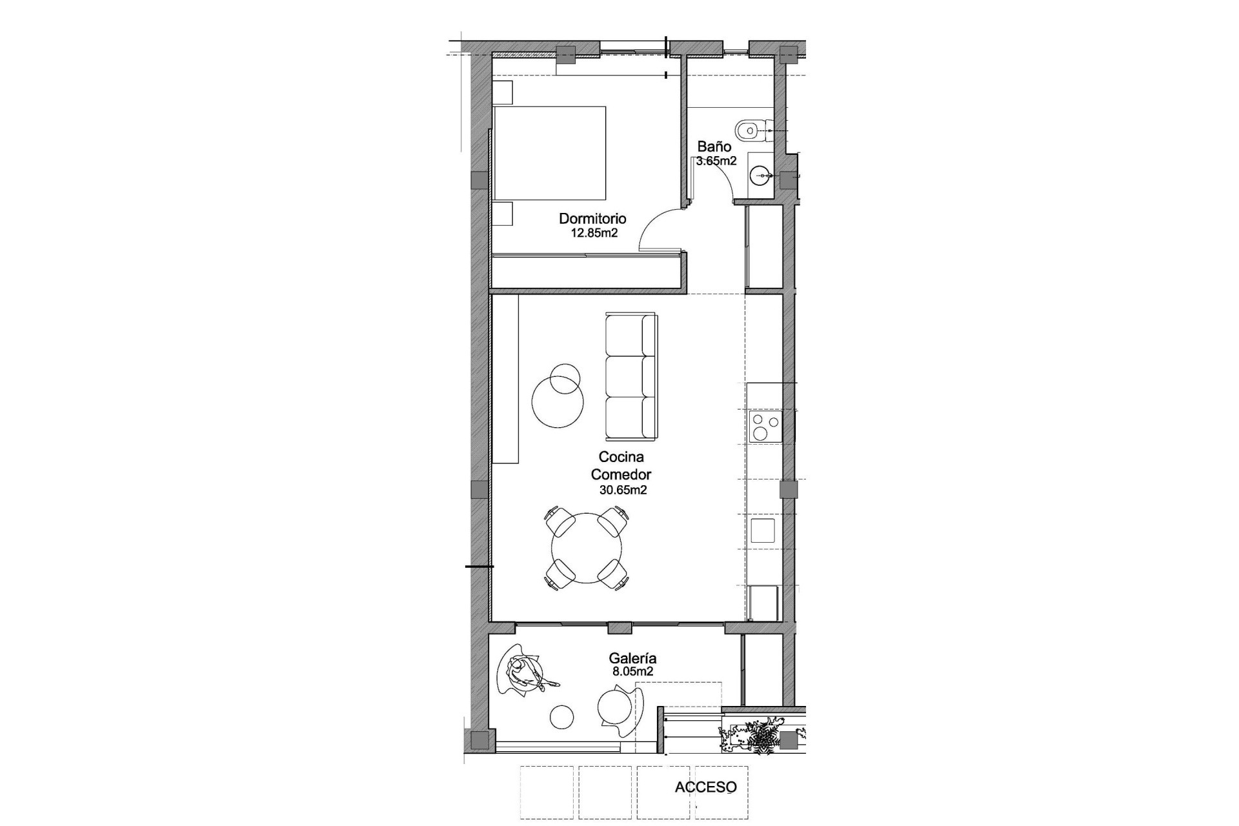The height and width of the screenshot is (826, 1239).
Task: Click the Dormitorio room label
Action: (592, 219)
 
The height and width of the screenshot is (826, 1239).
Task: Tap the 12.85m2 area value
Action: (594, 233)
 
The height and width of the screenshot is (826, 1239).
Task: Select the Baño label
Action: (714, 147)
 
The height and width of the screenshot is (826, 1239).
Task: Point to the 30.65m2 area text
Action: (623, 490)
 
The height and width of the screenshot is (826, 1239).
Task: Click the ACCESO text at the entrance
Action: (705, 787)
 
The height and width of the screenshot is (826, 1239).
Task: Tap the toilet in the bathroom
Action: (750, 130)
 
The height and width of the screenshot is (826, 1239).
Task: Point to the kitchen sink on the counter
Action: (763, 530)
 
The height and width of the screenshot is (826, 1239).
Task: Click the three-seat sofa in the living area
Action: (631, 375)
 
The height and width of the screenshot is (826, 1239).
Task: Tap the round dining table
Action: (587, 548)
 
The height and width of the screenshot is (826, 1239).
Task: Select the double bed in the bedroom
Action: (550, 153)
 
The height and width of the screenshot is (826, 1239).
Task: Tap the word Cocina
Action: (621, 457)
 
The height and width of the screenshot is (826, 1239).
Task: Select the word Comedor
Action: (621, 474)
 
